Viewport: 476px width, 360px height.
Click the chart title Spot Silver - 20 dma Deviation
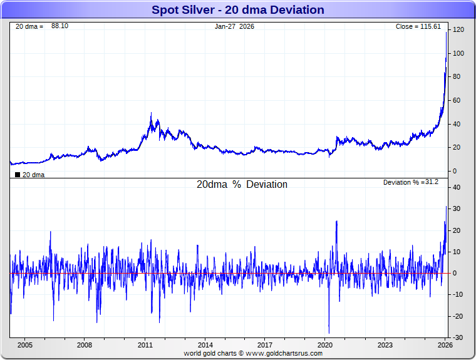(x=238, y=10)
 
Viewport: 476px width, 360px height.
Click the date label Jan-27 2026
(x=234, y=26)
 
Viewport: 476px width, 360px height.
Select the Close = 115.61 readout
(x=418, y=26)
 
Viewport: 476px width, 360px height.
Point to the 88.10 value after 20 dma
(x=59, y=26)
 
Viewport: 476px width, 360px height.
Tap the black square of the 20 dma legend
(x=17, y=175)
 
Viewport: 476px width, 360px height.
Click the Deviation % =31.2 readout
(x=411, y=182)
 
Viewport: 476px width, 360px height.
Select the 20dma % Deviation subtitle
(x=242, y=185)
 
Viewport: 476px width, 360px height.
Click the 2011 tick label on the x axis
(x=145, y=345)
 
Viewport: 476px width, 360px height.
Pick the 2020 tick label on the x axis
(x=325, y=345)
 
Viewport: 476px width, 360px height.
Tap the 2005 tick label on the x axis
(x=24, y=345)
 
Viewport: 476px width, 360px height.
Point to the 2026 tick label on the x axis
(x=445, y=345)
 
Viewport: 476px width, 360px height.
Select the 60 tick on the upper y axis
(x=457, y=100)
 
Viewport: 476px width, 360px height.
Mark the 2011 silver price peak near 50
(x=151, y=113)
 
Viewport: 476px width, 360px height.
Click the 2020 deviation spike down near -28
(x=329, y=332)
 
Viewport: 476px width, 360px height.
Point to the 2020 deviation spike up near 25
(x=336, y=221)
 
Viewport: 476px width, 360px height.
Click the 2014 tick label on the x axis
(x=205, y=345)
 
